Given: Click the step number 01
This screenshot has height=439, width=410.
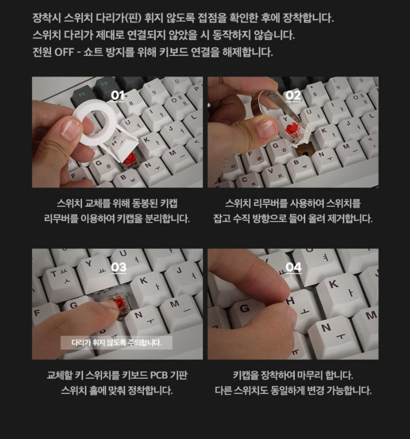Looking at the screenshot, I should tap(117, 96).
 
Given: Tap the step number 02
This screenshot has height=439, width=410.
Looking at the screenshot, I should tap(293, 96).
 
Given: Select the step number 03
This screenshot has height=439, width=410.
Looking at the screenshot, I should tap(118, 267).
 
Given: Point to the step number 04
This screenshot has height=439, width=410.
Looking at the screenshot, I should tap(293, 267).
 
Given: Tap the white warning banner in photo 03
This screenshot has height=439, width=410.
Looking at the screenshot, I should tap(116, 343).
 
